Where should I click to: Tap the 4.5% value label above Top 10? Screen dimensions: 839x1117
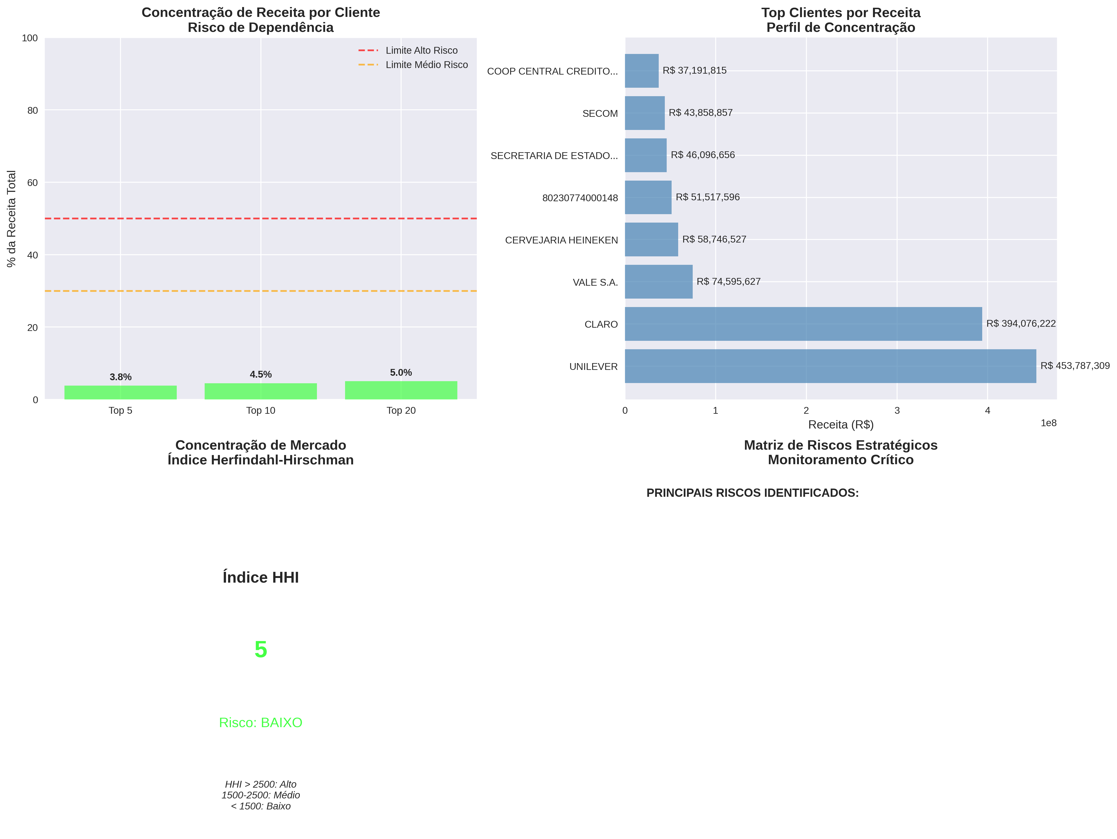click(261, 374)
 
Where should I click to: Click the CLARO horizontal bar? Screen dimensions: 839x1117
click(803, 324)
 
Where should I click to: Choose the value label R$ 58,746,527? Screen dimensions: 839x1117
click(714, 239)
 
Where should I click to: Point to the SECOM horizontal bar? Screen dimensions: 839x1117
click(644, 113)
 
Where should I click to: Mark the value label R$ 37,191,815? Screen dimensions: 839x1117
click(694, 71)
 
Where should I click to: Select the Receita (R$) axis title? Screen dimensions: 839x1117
click(841, 424)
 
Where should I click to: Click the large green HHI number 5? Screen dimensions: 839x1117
click(261, 649)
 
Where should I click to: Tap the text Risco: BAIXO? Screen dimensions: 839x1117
click(261, 722)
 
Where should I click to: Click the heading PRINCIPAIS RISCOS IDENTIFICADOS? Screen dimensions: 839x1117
click(752, 493)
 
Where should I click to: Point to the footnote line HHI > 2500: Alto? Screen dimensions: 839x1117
click(261, 784)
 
